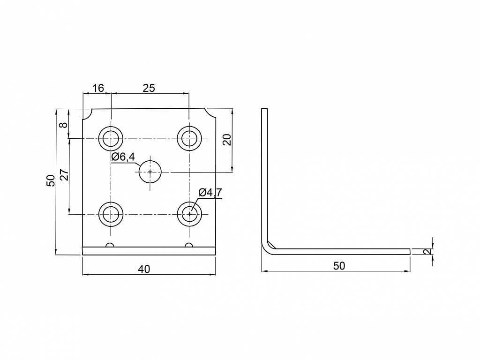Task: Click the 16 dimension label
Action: click(98, 88)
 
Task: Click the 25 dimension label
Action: click(149, 88)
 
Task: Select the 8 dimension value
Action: click(63, 125)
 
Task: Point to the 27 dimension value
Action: click(64, 175)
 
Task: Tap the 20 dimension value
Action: click(227, 140)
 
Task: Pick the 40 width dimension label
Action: click(144, 269)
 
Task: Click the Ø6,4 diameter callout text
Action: click(123, 157)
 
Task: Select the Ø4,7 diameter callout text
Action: click(210, 193)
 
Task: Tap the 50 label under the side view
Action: click(339, 266)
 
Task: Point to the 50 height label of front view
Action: click(51, 180)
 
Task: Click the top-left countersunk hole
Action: click(111, 138)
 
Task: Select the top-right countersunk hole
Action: click(190, 138)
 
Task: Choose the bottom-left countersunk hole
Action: click(111, 214)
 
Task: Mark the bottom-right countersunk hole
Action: click(190, 214)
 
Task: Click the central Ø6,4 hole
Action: click(150, 172)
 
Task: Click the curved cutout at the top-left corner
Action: click(88, 116)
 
